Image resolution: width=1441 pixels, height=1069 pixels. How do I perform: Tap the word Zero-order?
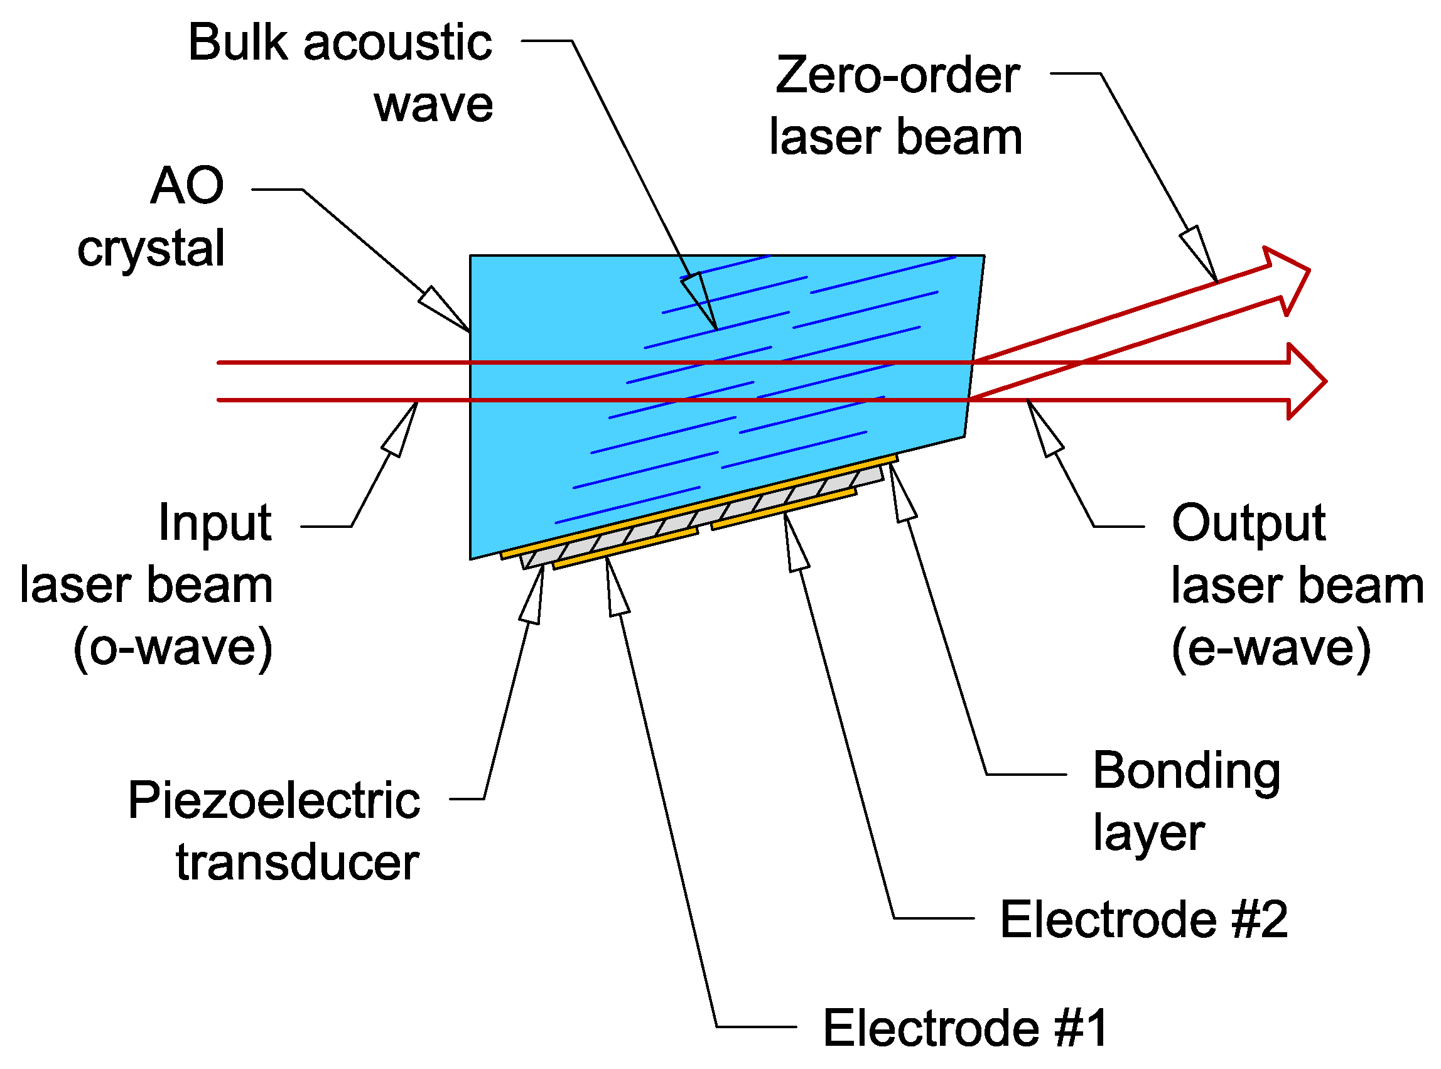pyautogui.click(x=897, y=76)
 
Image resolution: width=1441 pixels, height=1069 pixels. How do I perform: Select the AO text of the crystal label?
pyautogui.click(x=187, y=186)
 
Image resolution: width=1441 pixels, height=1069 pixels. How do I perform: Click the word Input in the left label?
pyautogui.click(x=215, y=523)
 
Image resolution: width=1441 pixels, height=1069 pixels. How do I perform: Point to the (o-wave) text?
pyautogui.click(x=173, y=648)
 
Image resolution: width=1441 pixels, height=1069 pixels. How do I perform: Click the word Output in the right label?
pyautogui.click(x=1248, y=523)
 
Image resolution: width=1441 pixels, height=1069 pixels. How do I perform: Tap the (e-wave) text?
pyautogui.click(x=1270, y=648)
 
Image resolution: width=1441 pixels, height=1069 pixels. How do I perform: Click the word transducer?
pyautogui.click(x=298, y=863)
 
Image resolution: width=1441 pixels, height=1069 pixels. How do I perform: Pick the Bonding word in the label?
pyautogui.click(x=1186, y=771)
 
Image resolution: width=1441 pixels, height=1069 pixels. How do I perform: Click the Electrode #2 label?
pyautogui.click(x=1144, y=920)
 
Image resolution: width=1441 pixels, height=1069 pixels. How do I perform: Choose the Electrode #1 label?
pyautogui.click(x=965, y=1028)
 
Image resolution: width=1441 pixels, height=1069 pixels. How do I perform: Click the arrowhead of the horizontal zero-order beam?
pyautogui.click(x=1304, y=382)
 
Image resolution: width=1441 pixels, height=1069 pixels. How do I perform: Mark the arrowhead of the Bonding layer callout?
pyautogui.click(x=900, y=493)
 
